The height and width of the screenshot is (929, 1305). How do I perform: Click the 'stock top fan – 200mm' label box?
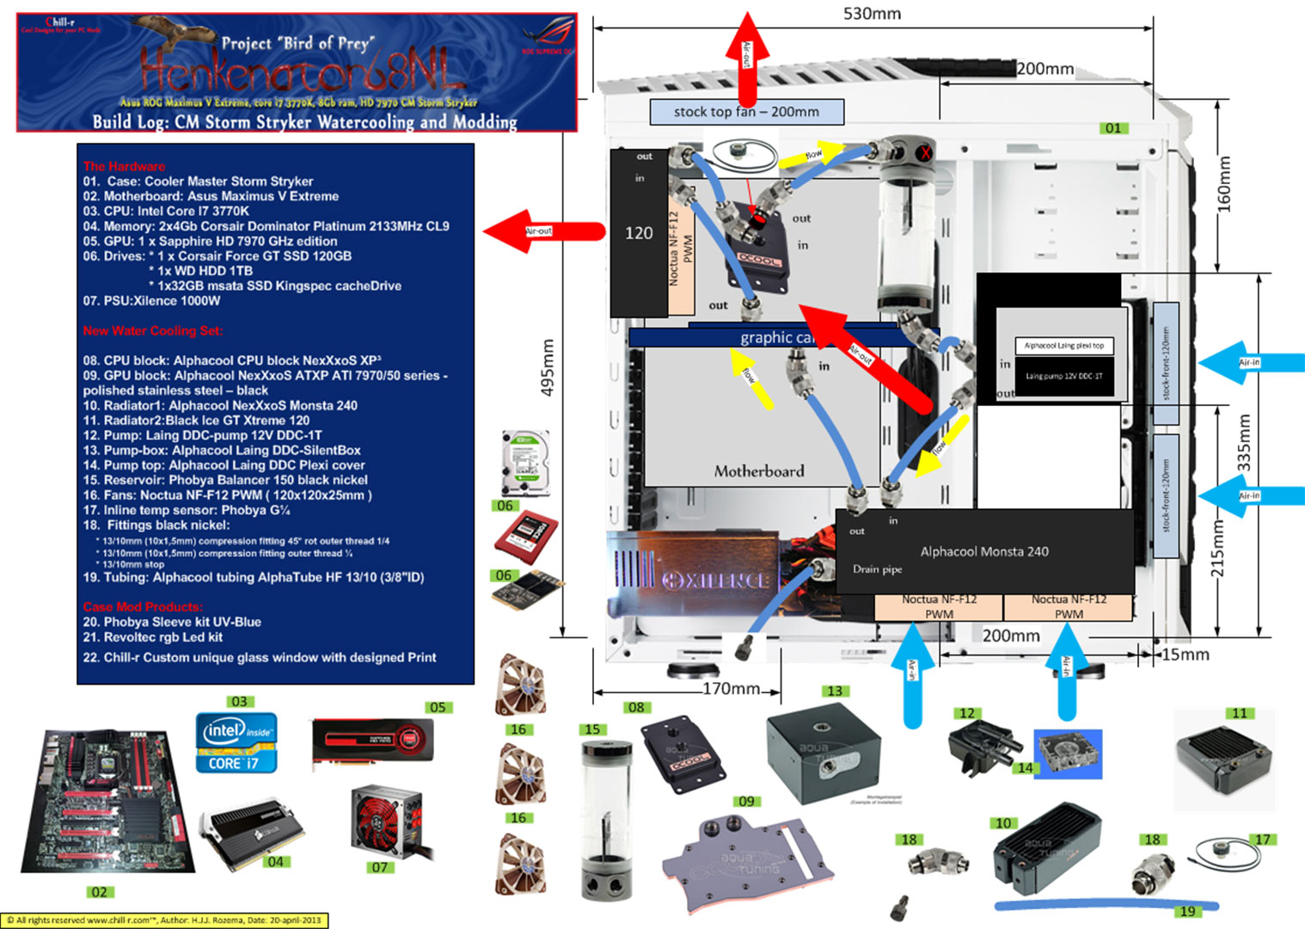(746, 112)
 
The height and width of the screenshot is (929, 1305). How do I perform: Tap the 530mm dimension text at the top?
(872, 14)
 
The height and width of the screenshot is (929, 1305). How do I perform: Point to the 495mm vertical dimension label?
(547, 367)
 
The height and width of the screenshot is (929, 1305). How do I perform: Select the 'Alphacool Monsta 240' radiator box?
(984, 551)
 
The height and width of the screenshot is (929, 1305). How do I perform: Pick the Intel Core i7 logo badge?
(236, 742)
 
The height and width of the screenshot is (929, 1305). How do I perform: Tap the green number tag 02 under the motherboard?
(100, 892)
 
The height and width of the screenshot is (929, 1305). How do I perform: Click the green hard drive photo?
(524, 463)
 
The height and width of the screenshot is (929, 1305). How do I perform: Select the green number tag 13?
(835, 691)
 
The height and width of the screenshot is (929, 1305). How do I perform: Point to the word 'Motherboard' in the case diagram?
(759, 471)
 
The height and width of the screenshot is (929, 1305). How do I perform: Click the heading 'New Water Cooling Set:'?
(153, 330)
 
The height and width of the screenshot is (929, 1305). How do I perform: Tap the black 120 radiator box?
(639, 233)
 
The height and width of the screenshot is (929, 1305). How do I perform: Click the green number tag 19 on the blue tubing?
(1187, 911)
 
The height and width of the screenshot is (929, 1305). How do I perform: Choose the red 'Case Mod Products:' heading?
(144, 606)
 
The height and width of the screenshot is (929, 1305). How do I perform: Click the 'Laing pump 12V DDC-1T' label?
(1063, 376)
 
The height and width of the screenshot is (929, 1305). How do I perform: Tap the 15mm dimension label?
(1186, 655)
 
